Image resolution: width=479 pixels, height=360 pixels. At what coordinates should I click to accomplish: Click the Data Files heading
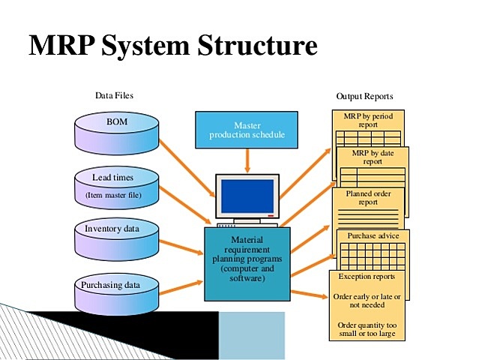pyautogui.click(x=114, y=96)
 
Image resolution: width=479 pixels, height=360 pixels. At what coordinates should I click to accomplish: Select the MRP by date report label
pyautogui.click(x=373, y=157)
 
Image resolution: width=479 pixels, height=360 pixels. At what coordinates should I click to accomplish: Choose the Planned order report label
pyautogui.click(x=368, y=197)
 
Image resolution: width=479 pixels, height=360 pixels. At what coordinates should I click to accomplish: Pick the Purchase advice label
pyautogui.click(x=373, y=235)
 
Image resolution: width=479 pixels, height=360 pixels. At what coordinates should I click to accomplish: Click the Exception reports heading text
pyautogui.click(x=367, y=277)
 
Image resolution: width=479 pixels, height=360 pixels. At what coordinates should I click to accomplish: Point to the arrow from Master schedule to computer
pyautogui.click(x=247, y=158)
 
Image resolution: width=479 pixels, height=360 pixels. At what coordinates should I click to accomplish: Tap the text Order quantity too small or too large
pyautogui.click(x=367, y=328)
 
